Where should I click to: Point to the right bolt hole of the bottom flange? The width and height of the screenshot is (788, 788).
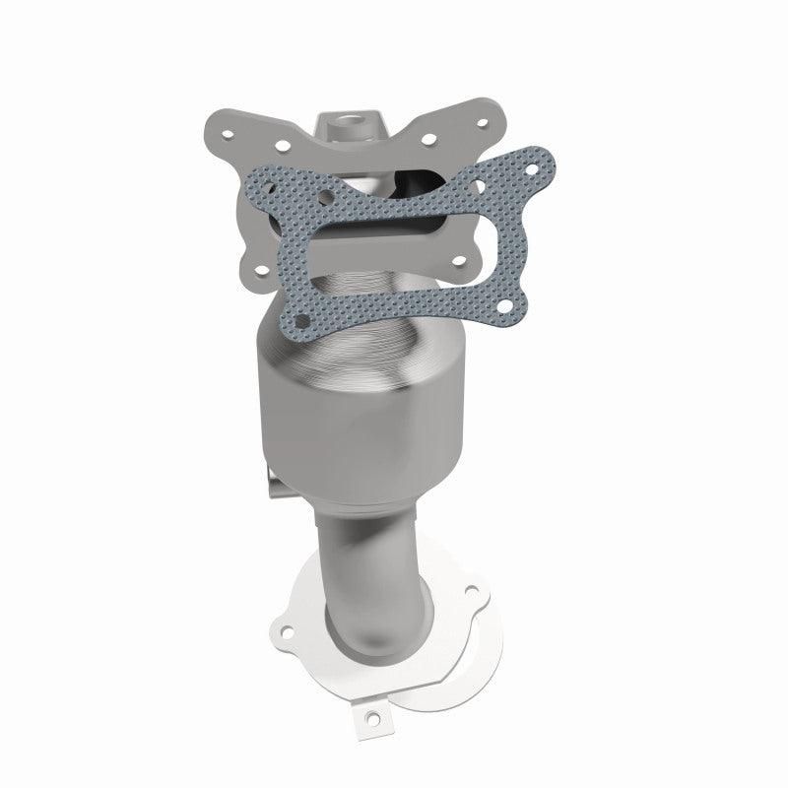(x=471, y=592)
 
